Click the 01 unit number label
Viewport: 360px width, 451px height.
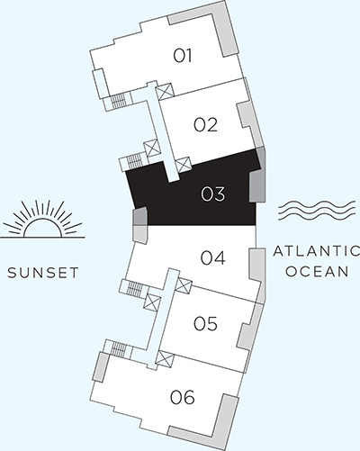click(x=184, y=56)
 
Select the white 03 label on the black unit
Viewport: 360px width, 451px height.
click(x=212, y=193)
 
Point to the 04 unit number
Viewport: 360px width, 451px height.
click(x=212, y=259)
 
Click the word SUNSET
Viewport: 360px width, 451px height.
click(x=38, y=272)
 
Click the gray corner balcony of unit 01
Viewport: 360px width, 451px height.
click(x=220, y=27)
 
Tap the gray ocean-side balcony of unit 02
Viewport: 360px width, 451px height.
click(x=245, y=121)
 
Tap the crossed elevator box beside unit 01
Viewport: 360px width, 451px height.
click(x=165, y=92)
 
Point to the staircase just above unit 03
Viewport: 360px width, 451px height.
click(x=134, y=161)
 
